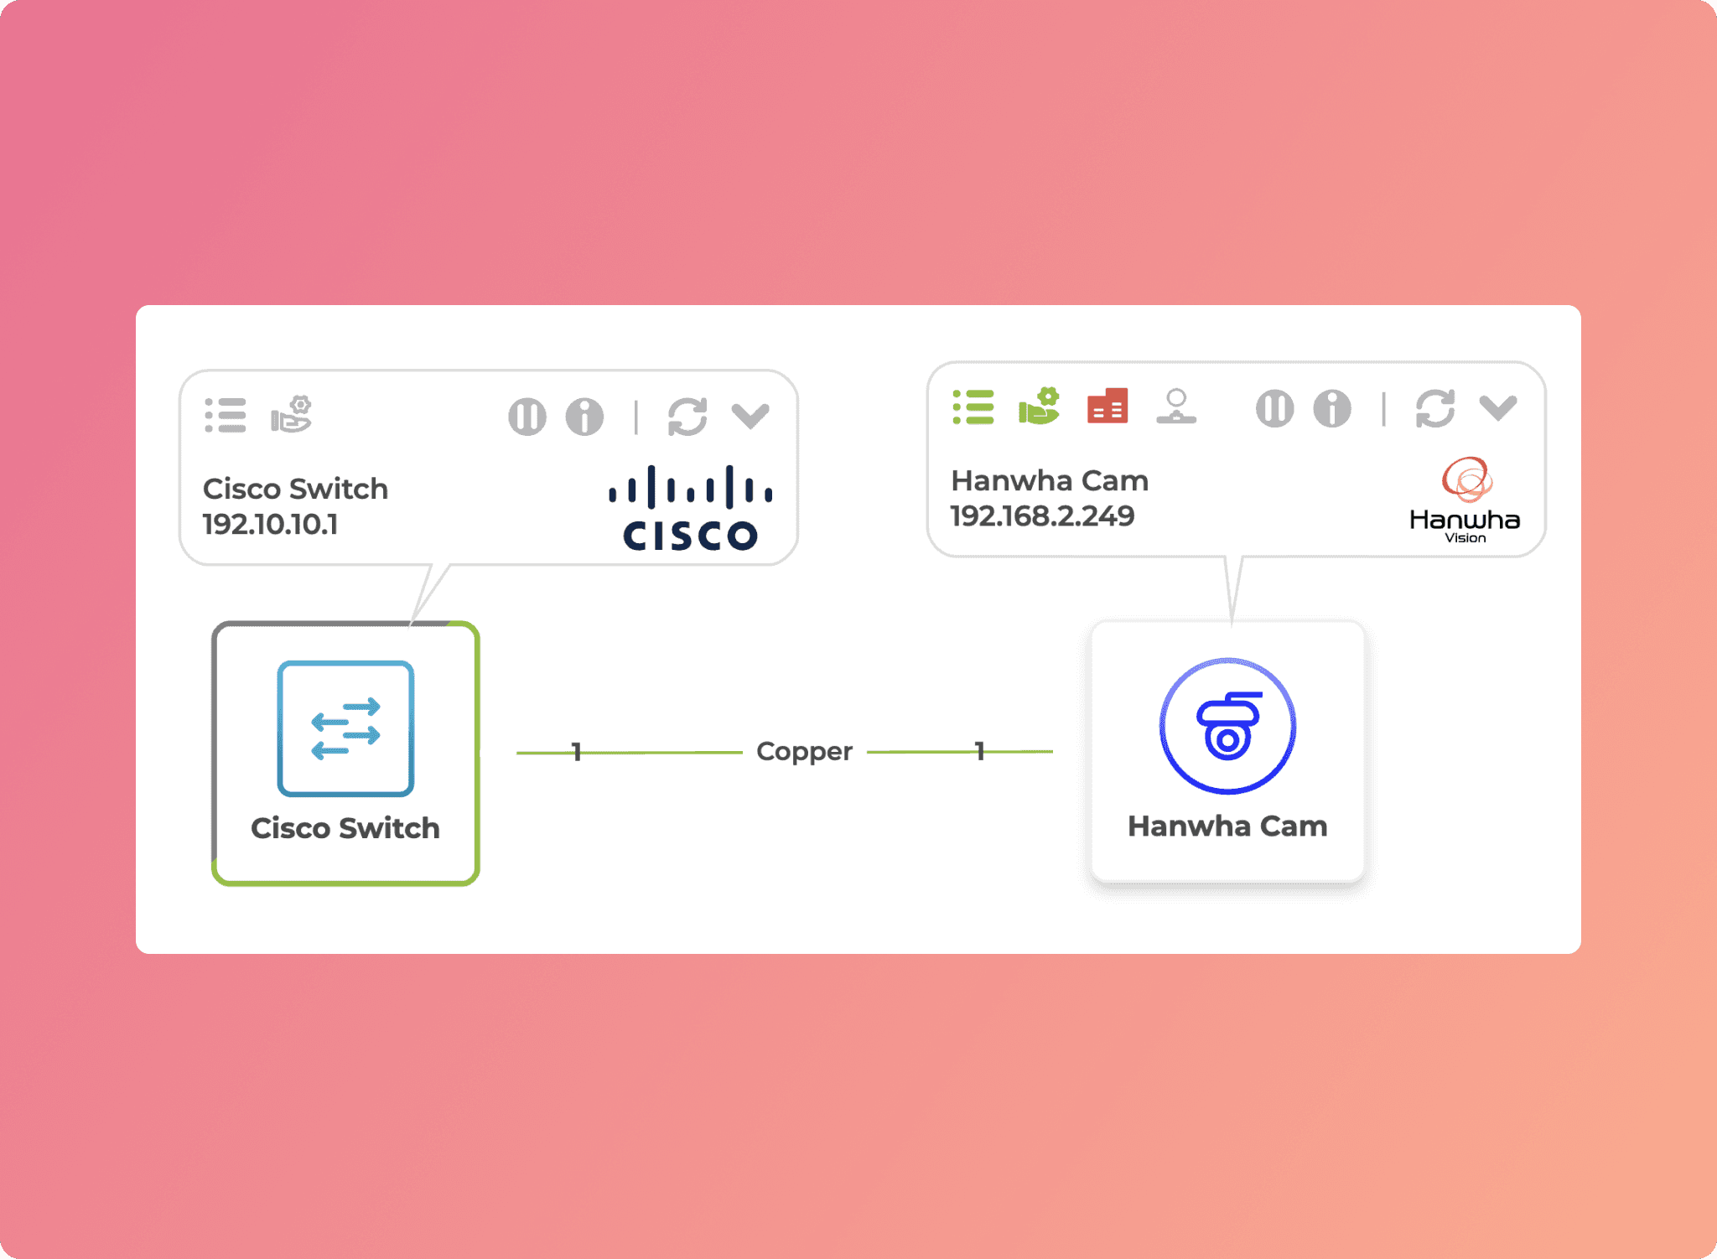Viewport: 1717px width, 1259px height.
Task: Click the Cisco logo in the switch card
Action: click(691, 509)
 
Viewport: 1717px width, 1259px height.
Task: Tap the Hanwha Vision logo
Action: click(1465, 500)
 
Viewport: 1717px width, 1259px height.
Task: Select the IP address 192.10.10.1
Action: click(270, 525)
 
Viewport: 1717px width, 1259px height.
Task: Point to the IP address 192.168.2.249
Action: click(1042, 516)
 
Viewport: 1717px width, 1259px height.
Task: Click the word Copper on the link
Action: click(804, 751)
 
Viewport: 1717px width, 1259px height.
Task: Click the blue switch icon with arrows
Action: click(345, 728)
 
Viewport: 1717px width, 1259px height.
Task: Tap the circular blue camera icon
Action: click(1227, 726)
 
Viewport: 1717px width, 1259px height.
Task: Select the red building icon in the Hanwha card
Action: click(1107, 407)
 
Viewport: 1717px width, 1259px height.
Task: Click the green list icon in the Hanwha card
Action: click(973, 407)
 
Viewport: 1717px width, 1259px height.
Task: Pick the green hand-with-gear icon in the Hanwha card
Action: click(1039, 407)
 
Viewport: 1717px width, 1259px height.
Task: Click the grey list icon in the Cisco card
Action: click(226, 416)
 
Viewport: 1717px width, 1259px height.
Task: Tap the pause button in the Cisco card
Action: click(527, 417)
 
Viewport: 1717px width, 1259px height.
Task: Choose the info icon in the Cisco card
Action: click(584, 417)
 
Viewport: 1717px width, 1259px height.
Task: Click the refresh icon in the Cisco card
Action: click(687, 417)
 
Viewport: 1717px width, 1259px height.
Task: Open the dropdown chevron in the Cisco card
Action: click(750, 416)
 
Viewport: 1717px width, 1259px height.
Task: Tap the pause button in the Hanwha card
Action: click(1274, 409)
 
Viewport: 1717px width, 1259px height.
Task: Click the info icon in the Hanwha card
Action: click(1332, 409)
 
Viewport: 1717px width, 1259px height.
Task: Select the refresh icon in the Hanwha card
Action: click(1434, 409)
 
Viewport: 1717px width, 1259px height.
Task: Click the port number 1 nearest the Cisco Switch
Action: click(576, 752)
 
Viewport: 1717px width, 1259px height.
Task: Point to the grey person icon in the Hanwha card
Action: click(1176, 407)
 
